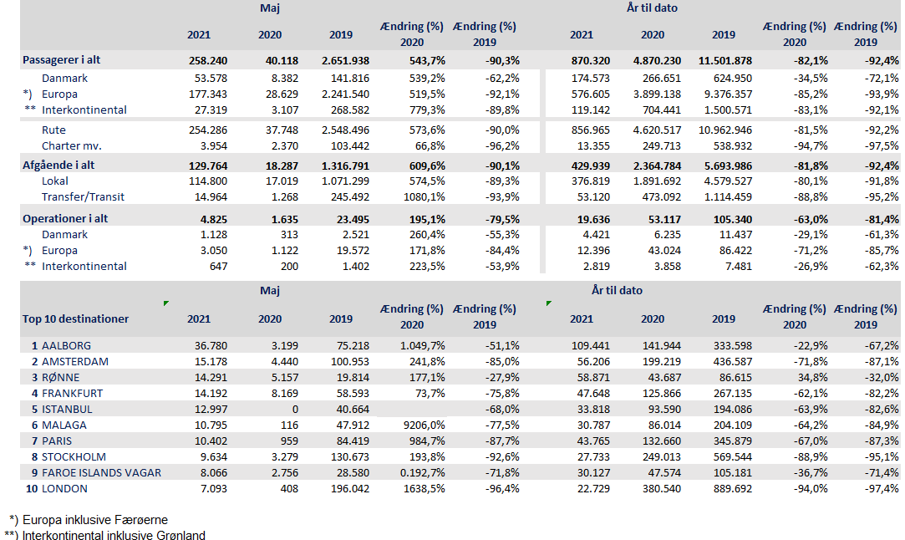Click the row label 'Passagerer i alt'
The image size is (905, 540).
coord(63,60)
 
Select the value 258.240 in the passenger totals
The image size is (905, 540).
coord(208,60)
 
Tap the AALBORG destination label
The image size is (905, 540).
coord(66,345)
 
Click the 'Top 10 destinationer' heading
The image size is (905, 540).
coord(75,318)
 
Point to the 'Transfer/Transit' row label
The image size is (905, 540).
coord(83,196)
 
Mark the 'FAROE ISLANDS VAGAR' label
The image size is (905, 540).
coord(101,472)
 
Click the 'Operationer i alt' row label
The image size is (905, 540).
coord(64,218)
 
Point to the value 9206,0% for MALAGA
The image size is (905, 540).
coord(422,425)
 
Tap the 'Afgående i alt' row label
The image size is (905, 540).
coord(58,165)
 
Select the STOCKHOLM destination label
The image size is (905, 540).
coord(74,456)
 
